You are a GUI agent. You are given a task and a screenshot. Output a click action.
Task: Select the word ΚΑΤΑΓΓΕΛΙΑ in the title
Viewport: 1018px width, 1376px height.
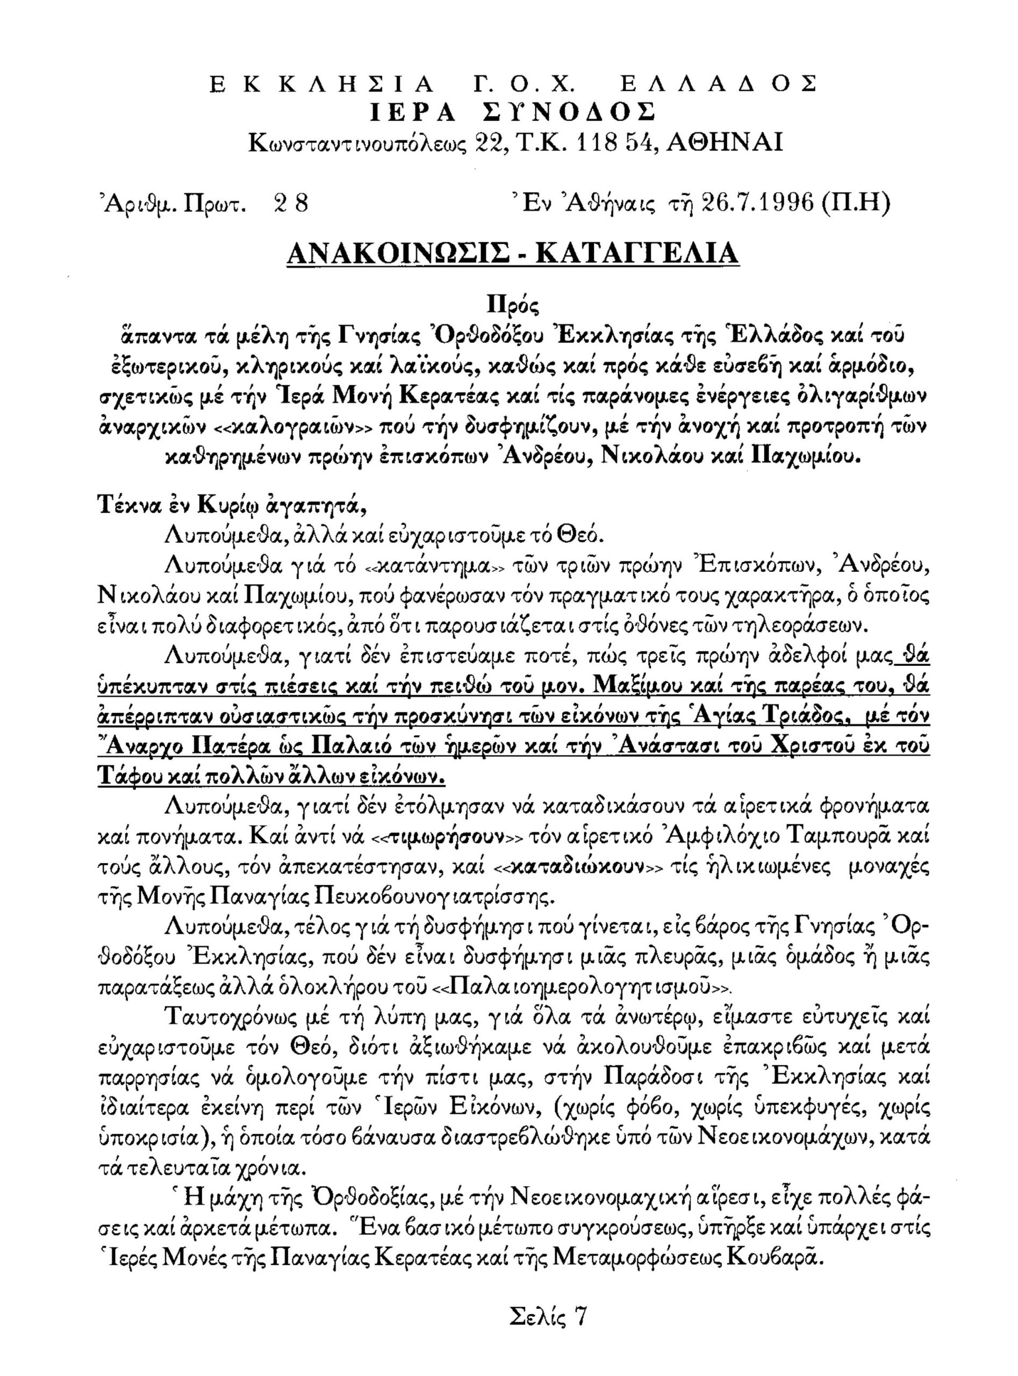coord(639,253)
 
